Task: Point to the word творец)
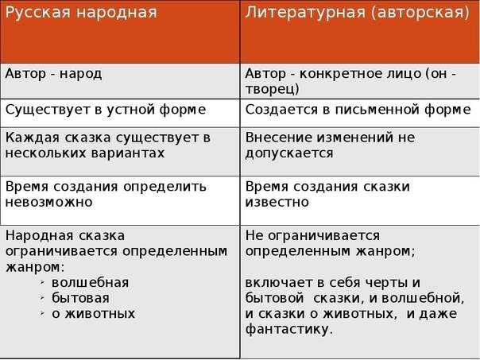click(272, 88)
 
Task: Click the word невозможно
click(48, 202)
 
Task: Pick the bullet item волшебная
click(90, 282)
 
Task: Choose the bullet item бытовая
click(80, 297)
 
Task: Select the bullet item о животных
click(93, 312)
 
